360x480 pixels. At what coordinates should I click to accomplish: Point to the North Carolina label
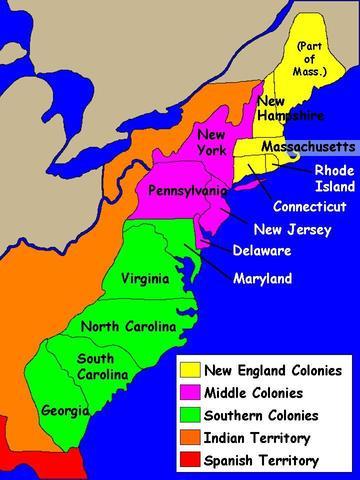click(128, 327)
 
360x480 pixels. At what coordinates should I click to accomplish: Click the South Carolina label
click(102, 366)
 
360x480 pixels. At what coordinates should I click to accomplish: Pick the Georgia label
click(65, 410)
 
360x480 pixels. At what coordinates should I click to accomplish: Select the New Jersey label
click(286, 228)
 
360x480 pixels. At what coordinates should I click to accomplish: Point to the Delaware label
click(262, 250)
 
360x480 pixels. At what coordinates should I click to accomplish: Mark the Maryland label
click(261, 278)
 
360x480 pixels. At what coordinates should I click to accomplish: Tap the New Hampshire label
click(285, 109)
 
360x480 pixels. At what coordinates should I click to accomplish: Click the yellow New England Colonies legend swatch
click(188, 369)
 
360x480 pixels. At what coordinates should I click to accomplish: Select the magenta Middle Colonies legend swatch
click(188, 392)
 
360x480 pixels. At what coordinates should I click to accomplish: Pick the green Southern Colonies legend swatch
click(188, 415)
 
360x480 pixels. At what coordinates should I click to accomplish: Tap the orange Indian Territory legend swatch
click(188, 438)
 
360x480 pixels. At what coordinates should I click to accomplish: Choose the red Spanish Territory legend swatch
click(188, 461)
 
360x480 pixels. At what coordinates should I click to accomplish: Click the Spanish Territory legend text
click(260, 461)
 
